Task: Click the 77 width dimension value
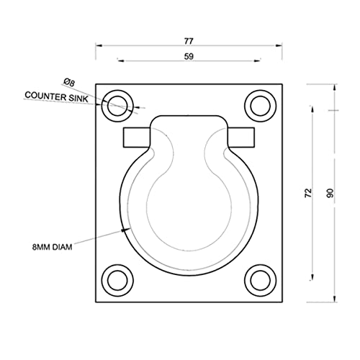click(x=189, y=41)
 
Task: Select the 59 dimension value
click(x=189, y=57)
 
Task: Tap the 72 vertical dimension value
click(x=308, y=193)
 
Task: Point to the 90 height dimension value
click(x=330, y=193)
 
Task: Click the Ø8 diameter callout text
click(x=69, y=82)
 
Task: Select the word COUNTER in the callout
click(x=45, y=96)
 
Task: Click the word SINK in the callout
click(x=78, y=98)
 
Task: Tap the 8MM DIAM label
click(x=53, y=247)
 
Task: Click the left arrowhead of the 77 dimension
click(x=99, y=45)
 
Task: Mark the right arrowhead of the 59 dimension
click(x=257, y=60)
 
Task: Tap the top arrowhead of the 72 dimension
click(x=312, y=109)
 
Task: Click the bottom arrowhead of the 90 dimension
click(x=334, y=299)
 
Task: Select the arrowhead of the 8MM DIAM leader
click(x=124, y=230)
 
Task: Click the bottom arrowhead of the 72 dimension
click(x=312, y=276)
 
